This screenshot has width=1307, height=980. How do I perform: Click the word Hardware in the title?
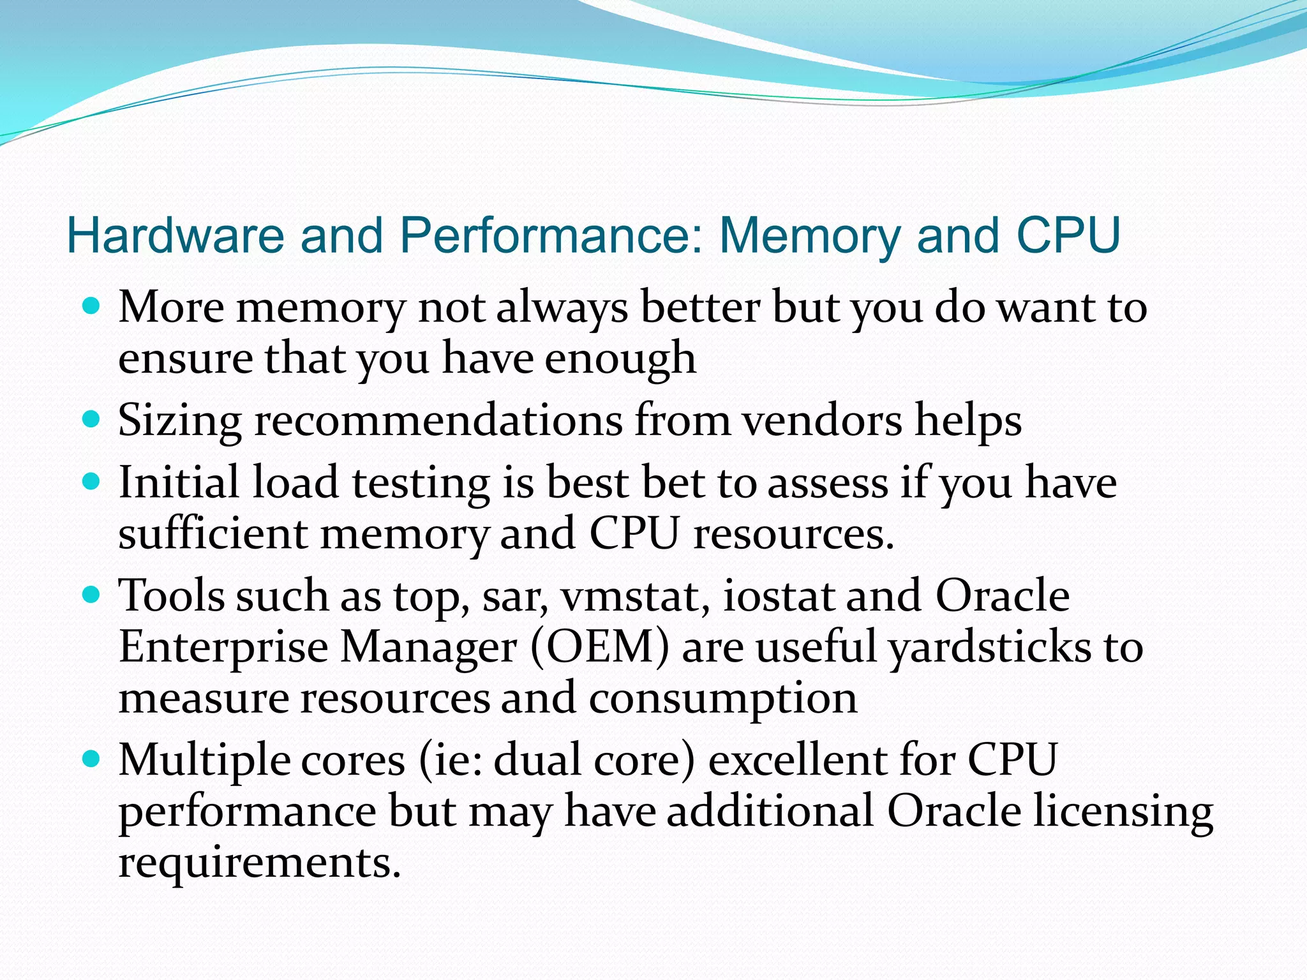(175, 235)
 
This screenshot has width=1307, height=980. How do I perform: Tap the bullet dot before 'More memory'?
(92, 307)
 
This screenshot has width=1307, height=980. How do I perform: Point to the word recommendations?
(438, 420)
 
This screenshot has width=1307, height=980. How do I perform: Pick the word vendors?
(822, 420)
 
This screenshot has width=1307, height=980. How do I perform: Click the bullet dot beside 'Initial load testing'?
(92, 481)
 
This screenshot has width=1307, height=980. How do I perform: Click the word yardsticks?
(990, 647)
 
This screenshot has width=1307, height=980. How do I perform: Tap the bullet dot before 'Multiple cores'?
(92, 759)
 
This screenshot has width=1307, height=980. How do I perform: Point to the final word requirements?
(260, 863)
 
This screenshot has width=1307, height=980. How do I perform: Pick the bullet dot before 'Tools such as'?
(92, 595)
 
